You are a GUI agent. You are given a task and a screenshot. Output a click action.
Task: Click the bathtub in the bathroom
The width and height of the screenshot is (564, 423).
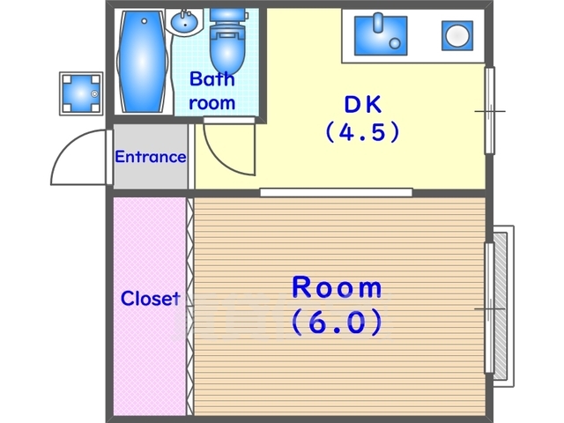pyautogui.click(x=143, y=61)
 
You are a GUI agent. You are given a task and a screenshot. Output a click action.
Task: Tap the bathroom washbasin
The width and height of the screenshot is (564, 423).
pyautogui.click(x=184, y=21)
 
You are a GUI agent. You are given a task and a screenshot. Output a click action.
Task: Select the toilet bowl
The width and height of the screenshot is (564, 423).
pyautogui.click(x=227, y=41)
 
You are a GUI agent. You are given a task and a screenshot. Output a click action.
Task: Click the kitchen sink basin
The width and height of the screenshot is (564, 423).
pyautogui.click(x=381, y=35)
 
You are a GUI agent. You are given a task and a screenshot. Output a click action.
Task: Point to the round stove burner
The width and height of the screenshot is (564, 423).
pyautogui.click(x=457, y=35)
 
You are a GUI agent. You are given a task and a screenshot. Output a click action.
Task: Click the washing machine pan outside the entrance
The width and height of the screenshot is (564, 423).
pyautogui.click(x=81, y=93)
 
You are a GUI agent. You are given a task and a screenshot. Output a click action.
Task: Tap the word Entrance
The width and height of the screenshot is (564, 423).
pyautogui.click(x=151, y=157)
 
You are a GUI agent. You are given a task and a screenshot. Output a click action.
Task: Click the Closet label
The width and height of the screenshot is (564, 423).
pyautogui.click(x=151, y=299)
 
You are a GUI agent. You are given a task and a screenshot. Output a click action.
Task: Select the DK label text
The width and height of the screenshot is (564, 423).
pyautogui.click(x=362, y=104)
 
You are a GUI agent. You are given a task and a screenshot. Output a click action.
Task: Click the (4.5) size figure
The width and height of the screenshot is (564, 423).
pyautogui.click(x=362, y=131)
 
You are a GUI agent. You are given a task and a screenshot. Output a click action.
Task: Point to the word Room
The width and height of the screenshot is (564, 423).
pyautogui.click(x=337, y=287)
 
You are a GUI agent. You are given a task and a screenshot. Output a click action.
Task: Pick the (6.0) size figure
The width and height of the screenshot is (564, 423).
pyautogui.click(x=337, y=322)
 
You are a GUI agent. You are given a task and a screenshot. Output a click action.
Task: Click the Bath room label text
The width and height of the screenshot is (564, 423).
pyautogui.click(x=212, y=91)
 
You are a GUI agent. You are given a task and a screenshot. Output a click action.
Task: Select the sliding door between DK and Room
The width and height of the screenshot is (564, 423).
pyautogui.click(x=337, y=192)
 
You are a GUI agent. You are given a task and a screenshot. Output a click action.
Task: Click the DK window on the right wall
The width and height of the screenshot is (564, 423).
pyautogui.click(x=490, y=110)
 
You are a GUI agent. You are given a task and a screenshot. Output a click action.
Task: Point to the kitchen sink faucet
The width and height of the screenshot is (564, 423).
pyautogui.click(x=378, y=23)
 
